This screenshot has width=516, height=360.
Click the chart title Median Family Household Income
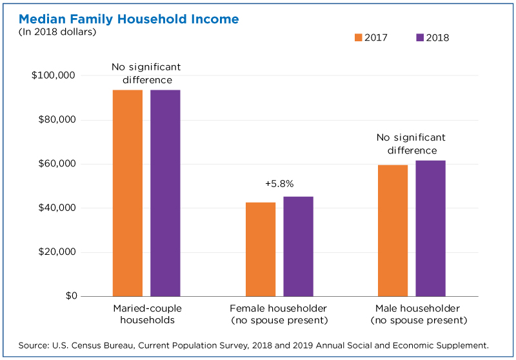tap(128, 19)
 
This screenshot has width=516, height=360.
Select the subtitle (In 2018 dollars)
tap(57, 32)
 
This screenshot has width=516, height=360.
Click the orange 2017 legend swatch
tap(359, 37)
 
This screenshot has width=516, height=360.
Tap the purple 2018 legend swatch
tap(420, 37)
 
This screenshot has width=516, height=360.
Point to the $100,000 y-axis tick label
tap(54, 75)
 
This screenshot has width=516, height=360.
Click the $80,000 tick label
tap(57, 119)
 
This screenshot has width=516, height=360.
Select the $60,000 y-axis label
tap(57, 163)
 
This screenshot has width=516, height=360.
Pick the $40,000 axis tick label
tap(57, 208)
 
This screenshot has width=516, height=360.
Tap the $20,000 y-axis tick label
tap(57, 252)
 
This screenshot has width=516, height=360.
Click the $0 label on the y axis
tap(72, 296)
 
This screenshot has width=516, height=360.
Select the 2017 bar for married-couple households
tap(128, 193)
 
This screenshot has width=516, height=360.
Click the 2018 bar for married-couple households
tap(165, 193)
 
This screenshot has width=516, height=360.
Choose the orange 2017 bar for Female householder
tap(261, 250)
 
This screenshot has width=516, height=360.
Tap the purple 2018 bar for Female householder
tap(298, 246)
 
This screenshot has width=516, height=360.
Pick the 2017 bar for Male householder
tap(393, 231)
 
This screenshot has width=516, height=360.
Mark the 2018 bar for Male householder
tap(430, 228)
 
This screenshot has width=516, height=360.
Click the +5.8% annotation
tap(279, 184)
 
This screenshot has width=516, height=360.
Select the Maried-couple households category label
tap(148, 314)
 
